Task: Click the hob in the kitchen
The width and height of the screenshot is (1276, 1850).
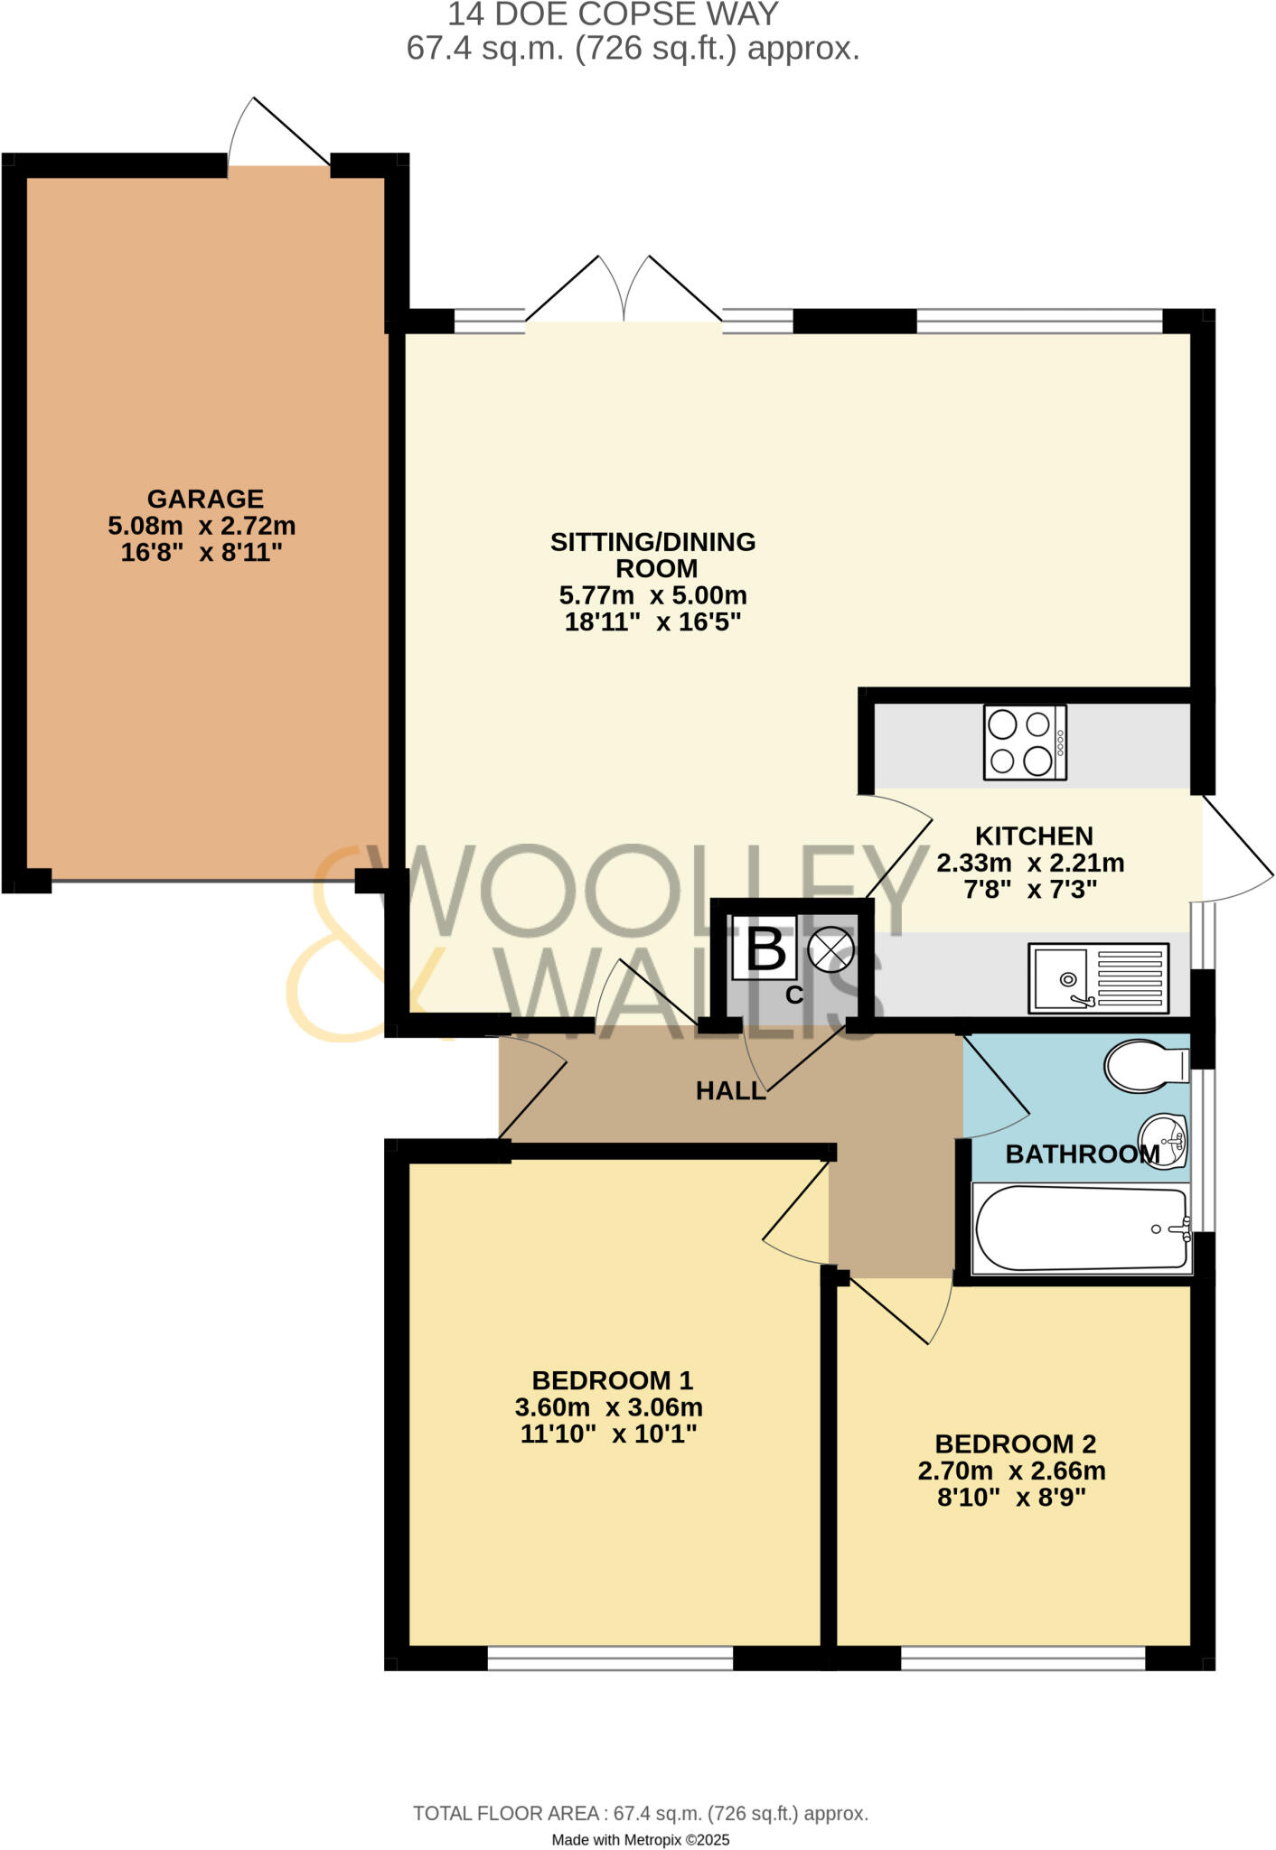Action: click(1025, 743)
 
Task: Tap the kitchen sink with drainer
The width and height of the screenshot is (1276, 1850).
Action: click(1098, 978)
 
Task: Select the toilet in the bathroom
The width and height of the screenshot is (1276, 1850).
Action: click(1145, 1065)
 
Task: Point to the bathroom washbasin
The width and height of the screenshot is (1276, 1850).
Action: click(1163, 1143)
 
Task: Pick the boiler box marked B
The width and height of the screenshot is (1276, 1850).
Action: click(765, 948)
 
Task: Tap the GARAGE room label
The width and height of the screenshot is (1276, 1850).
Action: click(205, 499)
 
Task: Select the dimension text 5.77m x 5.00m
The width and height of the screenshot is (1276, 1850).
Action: click(652, 596)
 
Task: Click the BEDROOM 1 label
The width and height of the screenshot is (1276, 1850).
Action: click(612, 1380)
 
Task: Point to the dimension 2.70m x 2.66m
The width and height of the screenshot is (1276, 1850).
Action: click(1011, 1471)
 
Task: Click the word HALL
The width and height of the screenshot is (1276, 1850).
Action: click(730, 1091)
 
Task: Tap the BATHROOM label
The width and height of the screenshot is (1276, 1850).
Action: click(1082, 1154)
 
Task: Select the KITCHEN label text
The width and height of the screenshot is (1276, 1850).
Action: click(1034, 836)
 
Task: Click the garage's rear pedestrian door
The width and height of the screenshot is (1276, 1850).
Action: click(278, 135)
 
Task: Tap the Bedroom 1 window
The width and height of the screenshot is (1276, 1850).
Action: click(610, 1658)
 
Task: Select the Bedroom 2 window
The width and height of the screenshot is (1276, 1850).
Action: click(1023, 1658)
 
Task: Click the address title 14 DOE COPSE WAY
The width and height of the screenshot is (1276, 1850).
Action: click(613, 14)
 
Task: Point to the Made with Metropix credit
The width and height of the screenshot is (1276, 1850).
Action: click(640, 1840)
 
